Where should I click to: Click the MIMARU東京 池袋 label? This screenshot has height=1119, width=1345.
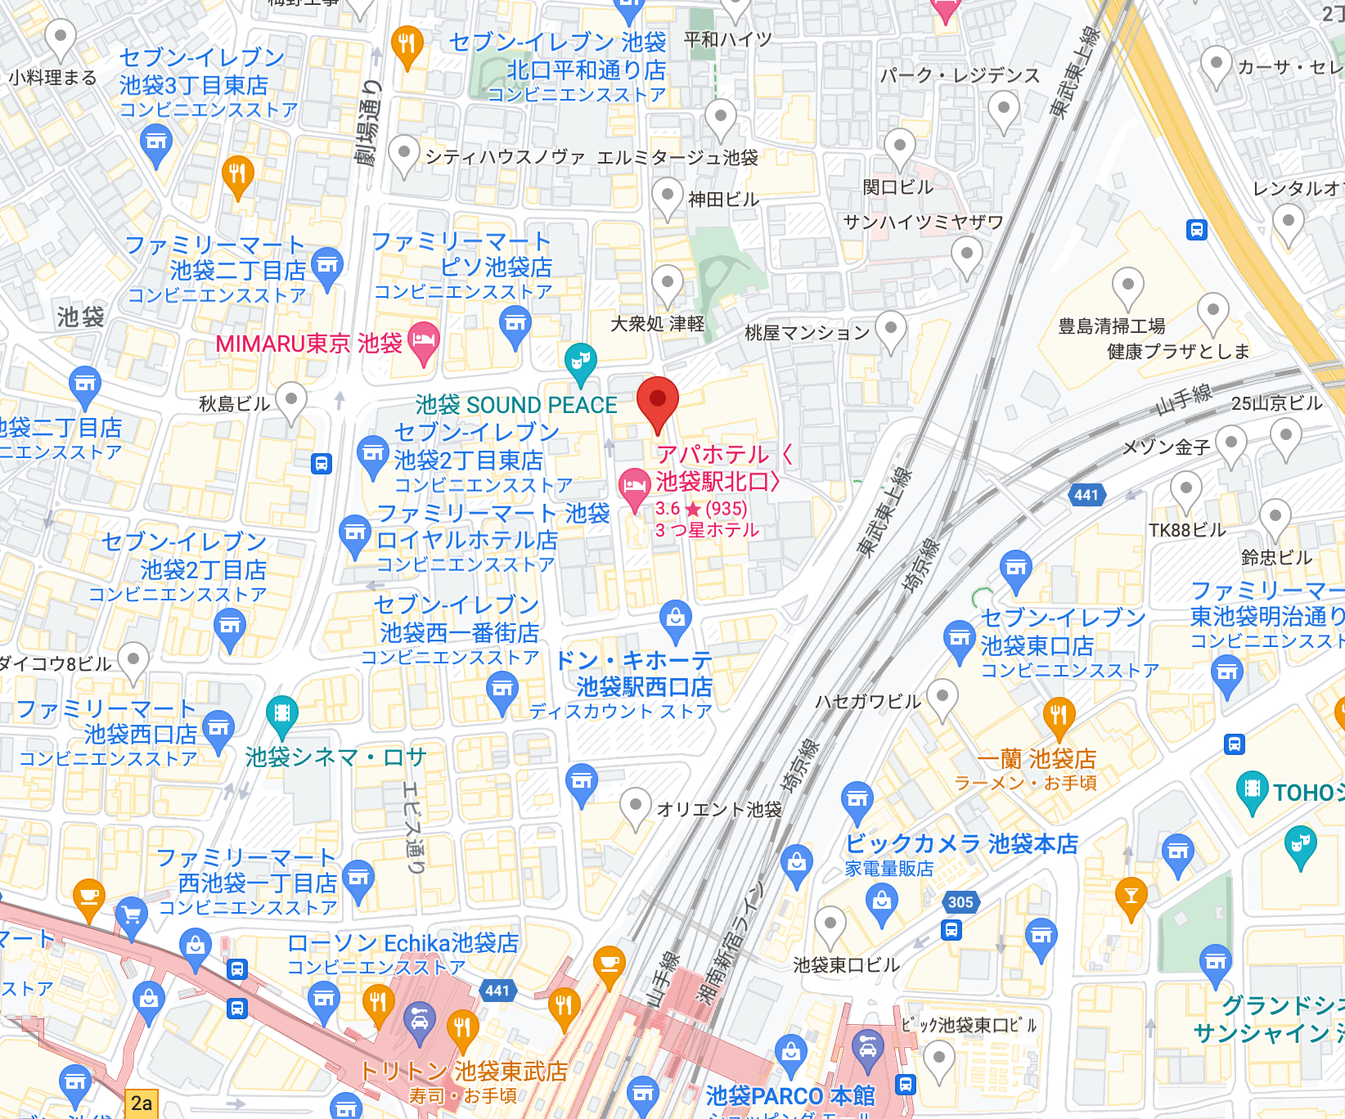point(308,344)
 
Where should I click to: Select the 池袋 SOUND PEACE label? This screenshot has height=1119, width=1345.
point(516,405)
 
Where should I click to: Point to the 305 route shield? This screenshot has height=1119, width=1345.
point(960,902)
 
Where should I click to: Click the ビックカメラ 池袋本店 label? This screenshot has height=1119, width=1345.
point(961,843)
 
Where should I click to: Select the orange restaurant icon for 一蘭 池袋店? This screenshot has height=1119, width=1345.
point(1059,716)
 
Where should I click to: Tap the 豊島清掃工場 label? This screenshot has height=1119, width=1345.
point(1111,326)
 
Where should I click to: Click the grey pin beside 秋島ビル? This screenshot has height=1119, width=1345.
point(290,400)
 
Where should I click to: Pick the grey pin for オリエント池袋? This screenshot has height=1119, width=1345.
point(635,806)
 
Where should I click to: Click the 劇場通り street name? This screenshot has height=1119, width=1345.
point(370,123)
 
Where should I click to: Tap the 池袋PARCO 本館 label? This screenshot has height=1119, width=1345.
point(789,1095)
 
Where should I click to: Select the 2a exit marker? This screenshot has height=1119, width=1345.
point(141,1103)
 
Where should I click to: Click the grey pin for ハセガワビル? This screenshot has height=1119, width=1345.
point(942,697)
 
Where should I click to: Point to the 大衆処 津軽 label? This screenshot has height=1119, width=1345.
point(657,324)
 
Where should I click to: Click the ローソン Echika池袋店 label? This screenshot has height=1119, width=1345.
point(403,943)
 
